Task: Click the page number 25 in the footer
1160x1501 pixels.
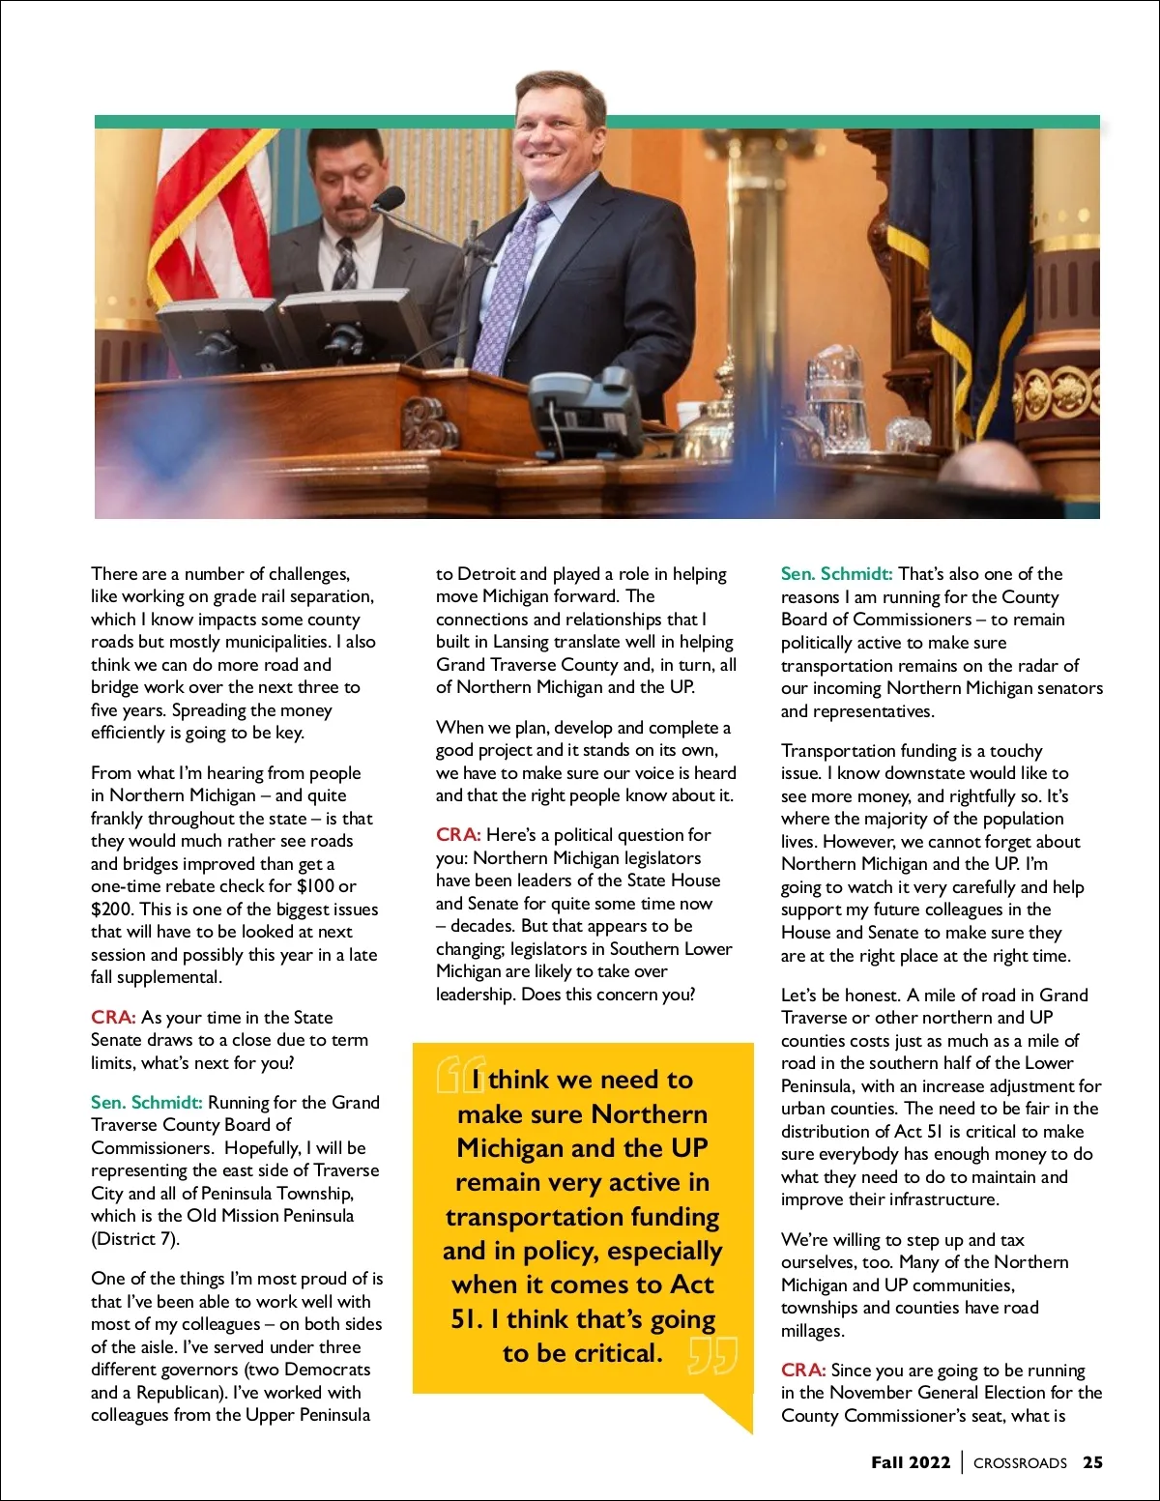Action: pos(1092,1462)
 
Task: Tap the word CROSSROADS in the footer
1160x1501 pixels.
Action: pos(1020,1463)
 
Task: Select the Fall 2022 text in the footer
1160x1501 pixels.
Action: pos(911,1462)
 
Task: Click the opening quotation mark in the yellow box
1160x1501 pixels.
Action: pos(458,1074)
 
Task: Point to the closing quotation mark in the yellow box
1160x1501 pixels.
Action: pos(712,1355)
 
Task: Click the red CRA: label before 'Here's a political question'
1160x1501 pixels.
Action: pos(458,835)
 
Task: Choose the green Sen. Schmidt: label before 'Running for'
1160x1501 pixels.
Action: pos(147,1103)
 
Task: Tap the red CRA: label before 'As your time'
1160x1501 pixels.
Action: pos(113,1018)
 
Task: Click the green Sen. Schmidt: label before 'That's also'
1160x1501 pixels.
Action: pos(837,574)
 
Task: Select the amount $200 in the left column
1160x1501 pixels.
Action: pos(111,909)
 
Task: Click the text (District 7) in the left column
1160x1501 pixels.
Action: pos(135,1239)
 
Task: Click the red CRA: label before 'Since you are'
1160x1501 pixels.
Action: pos(803,1371)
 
